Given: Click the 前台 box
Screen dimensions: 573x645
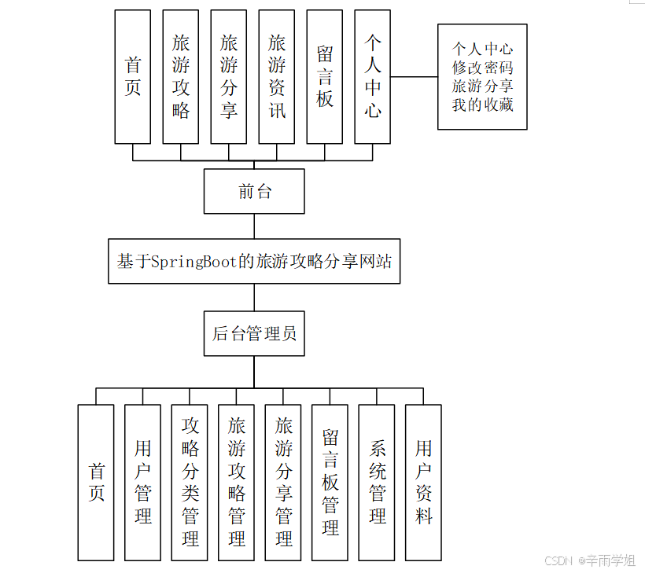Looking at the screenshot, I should pos(254,191).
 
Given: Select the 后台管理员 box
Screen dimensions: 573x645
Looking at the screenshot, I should pos(254,333).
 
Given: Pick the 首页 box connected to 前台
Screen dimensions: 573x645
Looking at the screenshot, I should pos(132,76).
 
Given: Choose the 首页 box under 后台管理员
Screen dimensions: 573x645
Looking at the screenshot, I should pos(96,482).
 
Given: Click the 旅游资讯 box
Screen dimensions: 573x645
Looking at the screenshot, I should pos(277,76).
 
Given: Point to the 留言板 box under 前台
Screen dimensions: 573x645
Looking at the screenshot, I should pos(325,76).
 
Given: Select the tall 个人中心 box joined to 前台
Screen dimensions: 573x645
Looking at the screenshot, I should pos(373,76).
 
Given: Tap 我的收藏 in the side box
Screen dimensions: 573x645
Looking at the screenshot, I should pos(482,104).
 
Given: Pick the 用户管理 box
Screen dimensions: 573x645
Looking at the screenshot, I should pos(142,482).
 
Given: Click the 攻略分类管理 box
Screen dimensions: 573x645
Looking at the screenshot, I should pos(190,482).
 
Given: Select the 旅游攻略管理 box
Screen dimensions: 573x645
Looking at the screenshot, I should pos(236,482).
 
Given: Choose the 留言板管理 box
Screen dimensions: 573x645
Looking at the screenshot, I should pos(330,482).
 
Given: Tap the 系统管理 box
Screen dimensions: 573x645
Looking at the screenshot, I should pos(377,482).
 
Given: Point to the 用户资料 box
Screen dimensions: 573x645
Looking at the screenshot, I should pos(423,482).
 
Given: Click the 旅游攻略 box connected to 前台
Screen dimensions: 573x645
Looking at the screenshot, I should pos(181,76).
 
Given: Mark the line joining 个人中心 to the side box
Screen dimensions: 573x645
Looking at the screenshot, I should pos(415,77).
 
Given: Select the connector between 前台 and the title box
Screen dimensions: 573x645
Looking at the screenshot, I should pos(254,226).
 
